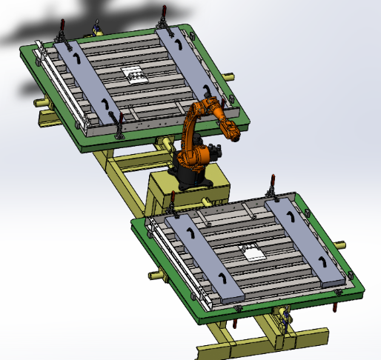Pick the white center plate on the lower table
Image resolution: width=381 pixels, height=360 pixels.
253,253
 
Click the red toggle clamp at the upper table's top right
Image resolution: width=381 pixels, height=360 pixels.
163,14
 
